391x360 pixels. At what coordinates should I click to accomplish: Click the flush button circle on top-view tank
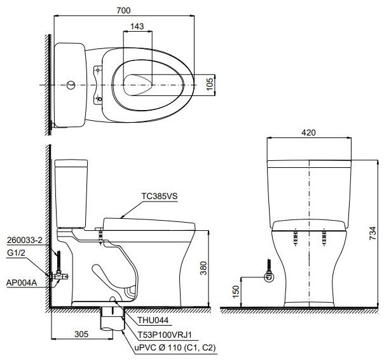coord(70,84)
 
